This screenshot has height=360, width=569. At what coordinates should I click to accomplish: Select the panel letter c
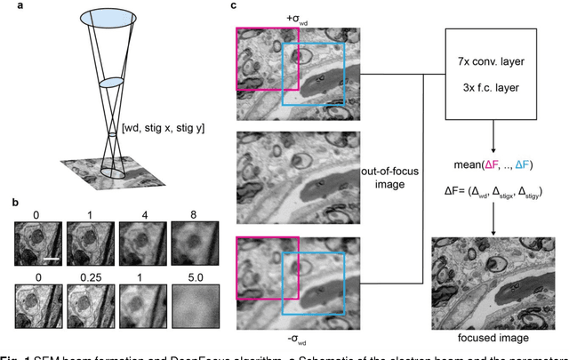pyautogui.click(x=234, y=6)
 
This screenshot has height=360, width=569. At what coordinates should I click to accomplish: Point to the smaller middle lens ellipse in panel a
pyautogui.click(x=111, y=83)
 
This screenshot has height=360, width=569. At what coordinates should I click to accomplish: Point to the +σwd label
pyautogui.click(x=296, y=17)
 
